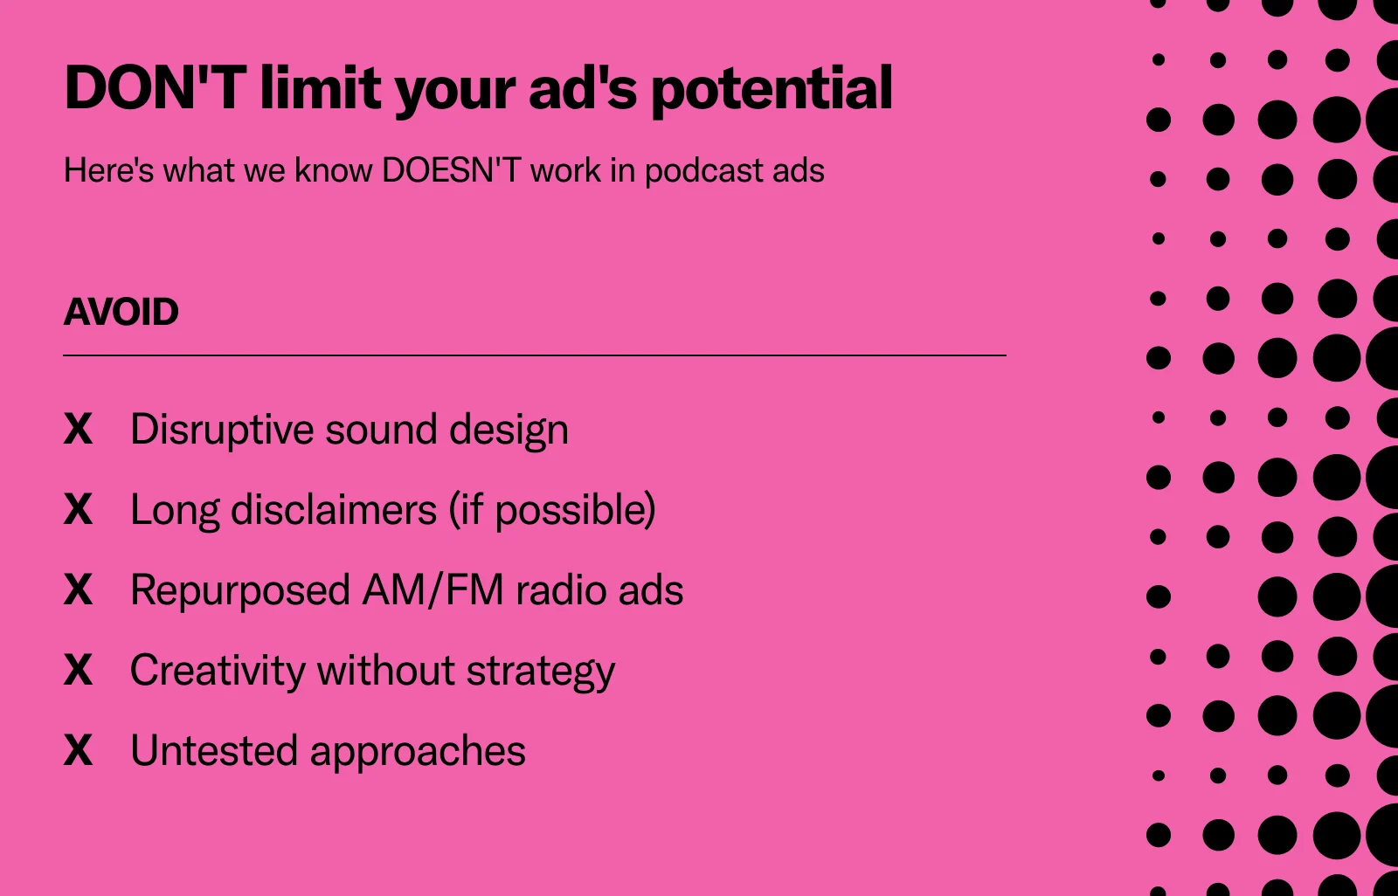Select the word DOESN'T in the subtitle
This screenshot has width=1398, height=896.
click(451, 169)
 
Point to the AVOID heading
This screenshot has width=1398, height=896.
click(121, 312)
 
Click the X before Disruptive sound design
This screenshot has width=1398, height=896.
click(78, 429)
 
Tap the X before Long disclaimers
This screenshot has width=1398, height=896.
click(78, 509)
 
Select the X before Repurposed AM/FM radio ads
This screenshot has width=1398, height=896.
click(78, 589)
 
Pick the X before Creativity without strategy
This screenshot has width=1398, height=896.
click(78, 670)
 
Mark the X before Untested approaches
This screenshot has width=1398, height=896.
click(78, 751)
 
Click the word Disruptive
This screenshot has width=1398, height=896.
click(222, 431)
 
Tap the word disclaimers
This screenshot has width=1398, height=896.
click(333, 509)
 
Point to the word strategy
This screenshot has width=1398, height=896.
click(541, 673)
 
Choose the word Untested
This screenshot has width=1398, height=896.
click(214, 751)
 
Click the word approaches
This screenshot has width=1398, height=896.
click(419, 753)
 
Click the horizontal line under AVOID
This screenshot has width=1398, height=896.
click(535, 355)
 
